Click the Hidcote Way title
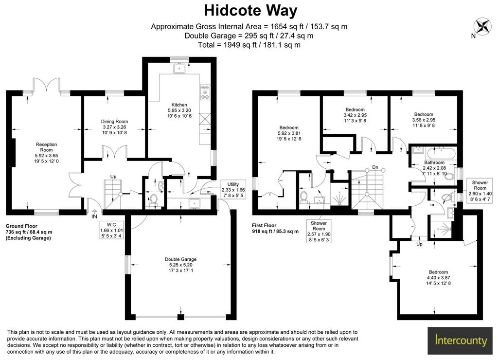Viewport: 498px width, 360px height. tap(250, 11)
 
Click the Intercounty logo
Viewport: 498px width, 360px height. tap(461, 341)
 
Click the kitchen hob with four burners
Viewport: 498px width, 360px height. tap(205, 92)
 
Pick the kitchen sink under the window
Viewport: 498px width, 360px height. tap(179, 68)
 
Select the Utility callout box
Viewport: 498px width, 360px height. tap(233, 190)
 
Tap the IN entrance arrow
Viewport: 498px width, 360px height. tap(94, 214)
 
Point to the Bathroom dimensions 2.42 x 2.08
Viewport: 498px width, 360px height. tap(434, 168)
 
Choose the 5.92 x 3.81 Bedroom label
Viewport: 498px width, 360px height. tap(289, 133)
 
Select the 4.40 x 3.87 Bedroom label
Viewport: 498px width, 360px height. tap(438, 278)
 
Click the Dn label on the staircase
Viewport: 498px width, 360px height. tap(375, 167)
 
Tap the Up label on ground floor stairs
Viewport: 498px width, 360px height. tap(113, 177)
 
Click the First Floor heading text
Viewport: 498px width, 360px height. tap(264, 225)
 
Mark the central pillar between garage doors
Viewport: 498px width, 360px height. tap(181, 317)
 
